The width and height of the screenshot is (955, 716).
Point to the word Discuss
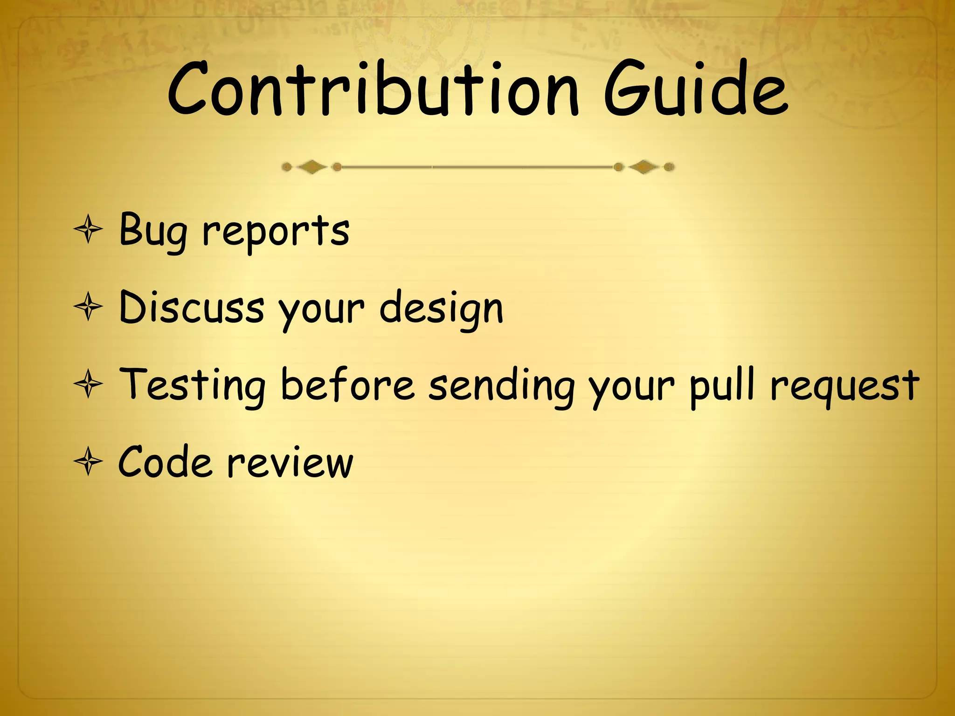point(192,308)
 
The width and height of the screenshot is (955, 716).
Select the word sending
point(502,386)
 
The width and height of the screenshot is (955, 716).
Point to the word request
point(844,386)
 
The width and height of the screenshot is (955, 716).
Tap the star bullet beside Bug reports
point(88,230)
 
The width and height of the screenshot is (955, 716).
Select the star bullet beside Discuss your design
point(88,307)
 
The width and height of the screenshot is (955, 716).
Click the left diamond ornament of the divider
point(311,166)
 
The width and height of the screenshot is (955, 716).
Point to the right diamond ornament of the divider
point(644,166)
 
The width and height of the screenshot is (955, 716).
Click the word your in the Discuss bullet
point(321,310)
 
